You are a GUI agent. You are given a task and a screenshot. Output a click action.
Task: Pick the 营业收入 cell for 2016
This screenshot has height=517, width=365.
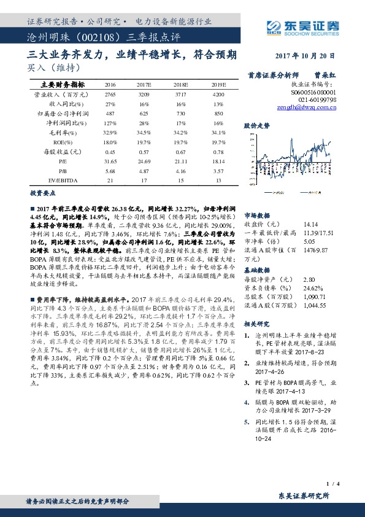point(110,95)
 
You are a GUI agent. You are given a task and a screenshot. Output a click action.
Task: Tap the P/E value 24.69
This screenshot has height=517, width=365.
point(144,162)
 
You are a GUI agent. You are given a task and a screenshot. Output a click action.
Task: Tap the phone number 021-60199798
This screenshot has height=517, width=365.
point(318,98)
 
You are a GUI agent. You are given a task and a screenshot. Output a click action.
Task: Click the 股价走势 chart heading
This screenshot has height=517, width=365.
point(256,125)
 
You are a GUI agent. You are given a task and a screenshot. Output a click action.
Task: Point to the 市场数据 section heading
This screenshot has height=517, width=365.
point(256,216)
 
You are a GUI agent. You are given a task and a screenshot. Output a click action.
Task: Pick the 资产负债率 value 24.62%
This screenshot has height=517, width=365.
point(309,287)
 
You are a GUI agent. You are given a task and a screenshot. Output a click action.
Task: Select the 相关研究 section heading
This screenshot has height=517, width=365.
point(256,323)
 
